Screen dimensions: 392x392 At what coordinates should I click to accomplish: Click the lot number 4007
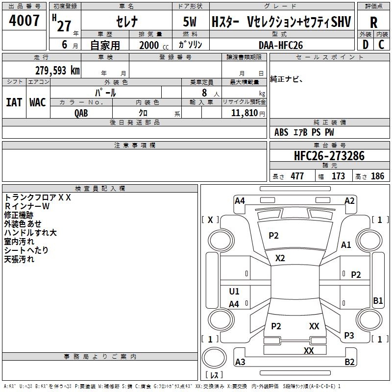coord(24,20)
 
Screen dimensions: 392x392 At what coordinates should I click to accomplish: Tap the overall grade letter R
coord(373,23)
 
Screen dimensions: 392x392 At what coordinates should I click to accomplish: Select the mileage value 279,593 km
coord(57,71)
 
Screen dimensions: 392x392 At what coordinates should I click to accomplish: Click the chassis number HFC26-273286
coord(329,156)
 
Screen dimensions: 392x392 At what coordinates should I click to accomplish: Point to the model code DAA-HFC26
coord(281,45)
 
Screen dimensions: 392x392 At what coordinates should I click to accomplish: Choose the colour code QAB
coord(81,113)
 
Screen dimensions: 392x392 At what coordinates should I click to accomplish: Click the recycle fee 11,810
coord(245,113)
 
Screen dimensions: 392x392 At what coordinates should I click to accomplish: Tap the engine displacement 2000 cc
coord(154,45)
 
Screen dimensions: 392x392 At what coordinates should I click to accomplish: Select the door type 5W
coord(190,22)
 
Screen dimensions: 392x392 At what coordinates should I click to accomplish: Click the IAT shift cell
coord(14,102)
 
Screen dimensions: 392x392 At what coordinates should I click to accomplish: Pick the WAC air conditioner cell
coord(38,102)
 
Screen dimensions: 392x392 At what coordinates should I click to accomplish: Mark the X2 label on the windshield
coord(280,258)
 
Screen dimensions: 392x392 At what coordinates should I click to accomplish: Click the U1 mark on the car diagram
coord(234,291)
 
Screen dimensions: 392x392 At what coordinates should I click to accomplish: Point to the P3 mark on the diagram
coord(349,336)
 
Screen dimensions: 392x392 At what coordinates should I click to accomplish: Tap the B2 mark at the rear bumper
coord(349,362)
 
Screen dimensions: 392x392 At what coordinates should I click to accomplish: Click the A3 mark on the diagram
coord(240,362)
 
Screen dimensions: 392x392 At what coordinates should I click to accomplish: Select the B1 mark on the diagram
coord(378,300)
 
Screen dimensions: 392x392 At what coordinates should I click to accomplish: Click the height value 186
coord(377,176)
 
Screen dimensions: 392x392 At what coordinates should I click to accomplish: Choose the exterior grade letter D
coord(366,45)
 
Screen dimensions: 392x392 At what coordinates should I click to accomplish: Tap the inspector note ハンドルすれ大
coord(30,233)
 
